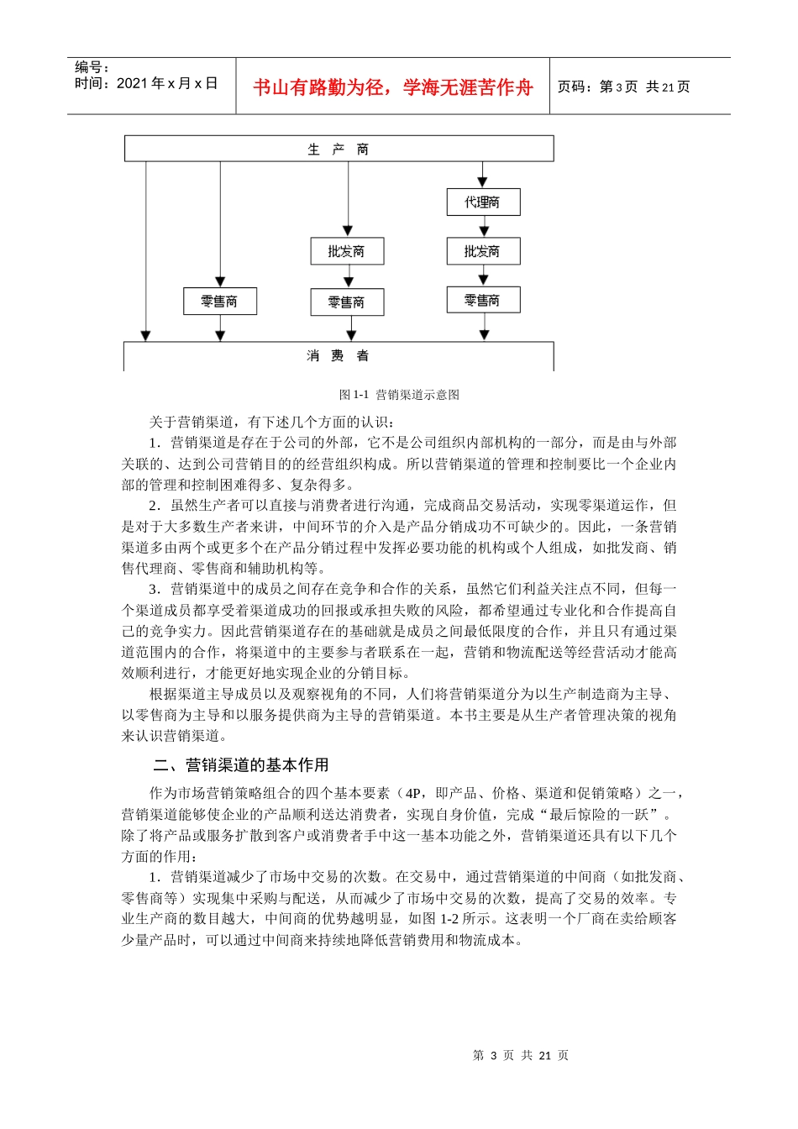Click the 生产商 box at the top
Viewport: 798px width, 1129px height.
pyautogui.click(x=339, y=149)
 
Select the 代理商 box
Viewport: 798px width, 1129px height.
pyautogui.click(x=483, y=202)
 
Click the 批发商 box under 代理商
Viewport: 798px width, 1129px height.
pyautogui.click(x=483, y=251)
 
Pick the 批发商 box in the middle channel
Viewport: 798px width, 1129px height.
pyautogui.click(x=346, y=251)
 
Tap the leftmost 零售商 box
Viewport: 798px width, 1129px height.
pyautogui.click(x=219, y=302)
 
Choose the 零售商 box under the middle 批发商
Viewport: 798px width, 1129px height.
pyautogui.click(x=346, y=302)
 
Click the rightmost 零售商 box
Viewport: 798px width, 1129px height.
pyautogui.click(x=483, y=300)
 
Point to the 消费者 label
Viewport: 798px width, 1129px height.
pyautogui.click(x=338, y=356)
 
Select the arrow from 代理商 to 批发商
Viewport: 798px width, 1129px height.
pyautogui.click(x=483, y=226)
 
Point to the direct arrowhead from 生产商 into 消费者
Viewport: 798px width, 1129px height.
pyautogui.click(x=146, y=336)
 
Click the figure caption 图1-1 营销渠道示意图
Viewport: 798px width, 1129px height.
pyautogui.click(x=399, y=395)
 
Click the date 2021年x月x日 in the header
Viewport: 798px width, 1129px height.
pyautogui.click(x=167, y=83)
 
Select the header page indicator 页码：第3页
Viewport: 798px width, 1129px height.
pyautogui.click(x=597, y=87)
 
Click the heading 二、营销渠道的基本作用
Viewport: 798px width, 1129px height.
pyautogui.click(x=241, y=765)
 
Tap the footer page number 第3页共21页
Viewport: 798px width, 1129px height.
pyautogui.click(x=521, y=1056)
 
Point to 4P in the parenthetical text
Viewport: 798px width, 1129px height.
pyautogui.click(x=413, y=793)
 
